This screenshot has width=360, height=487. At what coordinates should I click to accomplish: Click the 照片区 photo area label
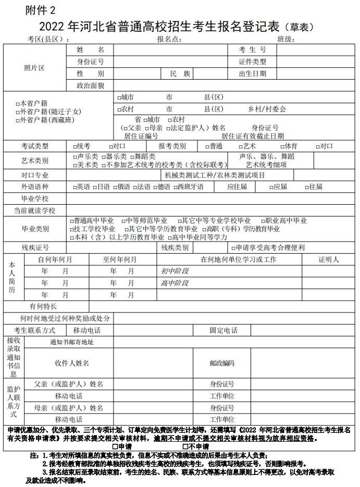tap(34, 68)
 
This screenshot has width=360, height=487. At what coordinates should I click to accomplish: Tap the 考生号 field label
tap(252, 50)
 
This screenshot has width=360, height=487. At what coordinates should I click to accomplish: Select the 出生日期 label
tap(252, 73)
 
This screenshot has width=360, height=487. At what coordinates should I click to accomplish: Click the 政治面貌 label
tap(90, 85)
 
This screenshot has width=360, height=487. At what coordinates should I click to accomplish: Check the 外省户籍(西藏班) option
tap(18, 120)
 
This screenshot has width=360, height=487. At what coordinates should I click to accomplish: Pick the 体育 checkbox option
tap(282, 146)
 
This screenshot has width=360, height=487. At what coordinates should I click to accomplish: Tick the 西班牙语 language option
tap(176, 186)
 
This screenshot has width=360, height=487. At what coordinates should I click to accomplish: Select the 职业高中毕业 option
tap(262, 221)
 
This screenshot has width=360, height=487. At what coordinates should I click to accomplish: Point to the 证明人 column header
tap(328, 259)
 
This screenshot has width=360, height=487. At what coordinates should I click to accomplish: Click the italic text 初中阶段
tap(175, 271)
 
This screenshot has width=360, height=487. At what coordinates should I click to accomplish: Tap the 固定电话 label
tap(224, 330)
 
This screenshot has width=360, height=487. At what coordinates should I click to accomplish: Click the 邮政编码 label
tap(222, 363)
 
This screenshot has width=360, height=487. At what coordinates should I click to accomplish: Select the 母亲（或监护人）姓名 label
tap(69, 408)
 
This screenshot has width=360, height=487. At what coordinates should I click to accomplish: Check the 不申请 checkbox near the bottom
tap(185, 446)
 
